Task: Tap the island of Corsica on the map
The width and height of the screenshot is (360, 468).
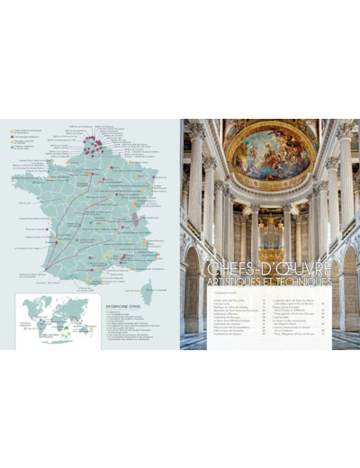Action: click(x=147, y=290)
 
